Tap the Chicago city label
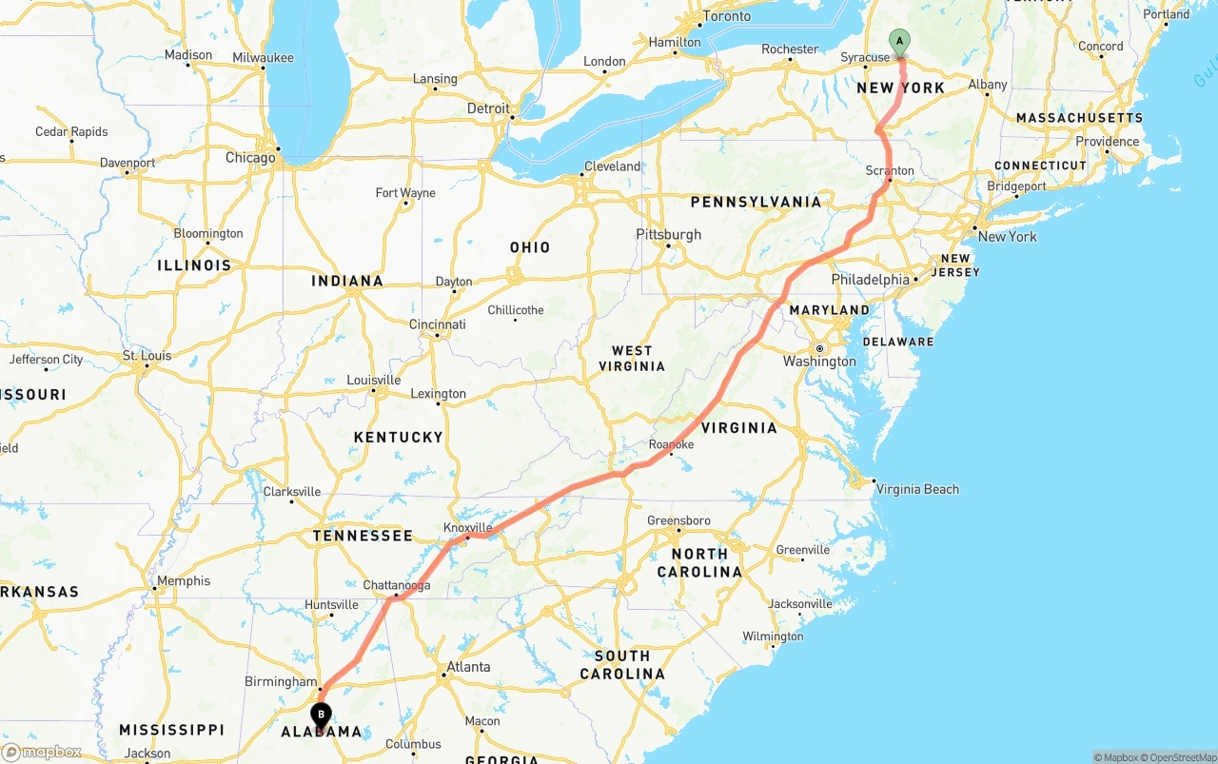click(250, 158)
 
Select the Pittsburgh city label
click(668, 235)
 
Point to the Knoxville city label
click(468, 527)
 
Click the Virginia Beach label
click(917, 489)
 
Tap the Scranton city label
click(890, 171)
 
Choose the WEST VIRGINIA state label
click(632, 359)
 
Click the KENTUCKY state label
click(399, 437)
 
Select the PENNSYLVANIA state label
click(756, 202)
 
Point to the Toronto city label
click(726, 16)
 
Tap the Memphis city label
click(184, 580)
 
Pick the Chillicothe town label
click(516, 310)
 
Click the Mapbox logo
click(43, 752)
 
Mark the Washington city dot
click(819, 348)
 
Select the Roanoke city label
click(671, 444)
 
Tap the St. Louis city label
click(147, 356)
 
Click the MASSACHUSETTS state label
click(1079, 118)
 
